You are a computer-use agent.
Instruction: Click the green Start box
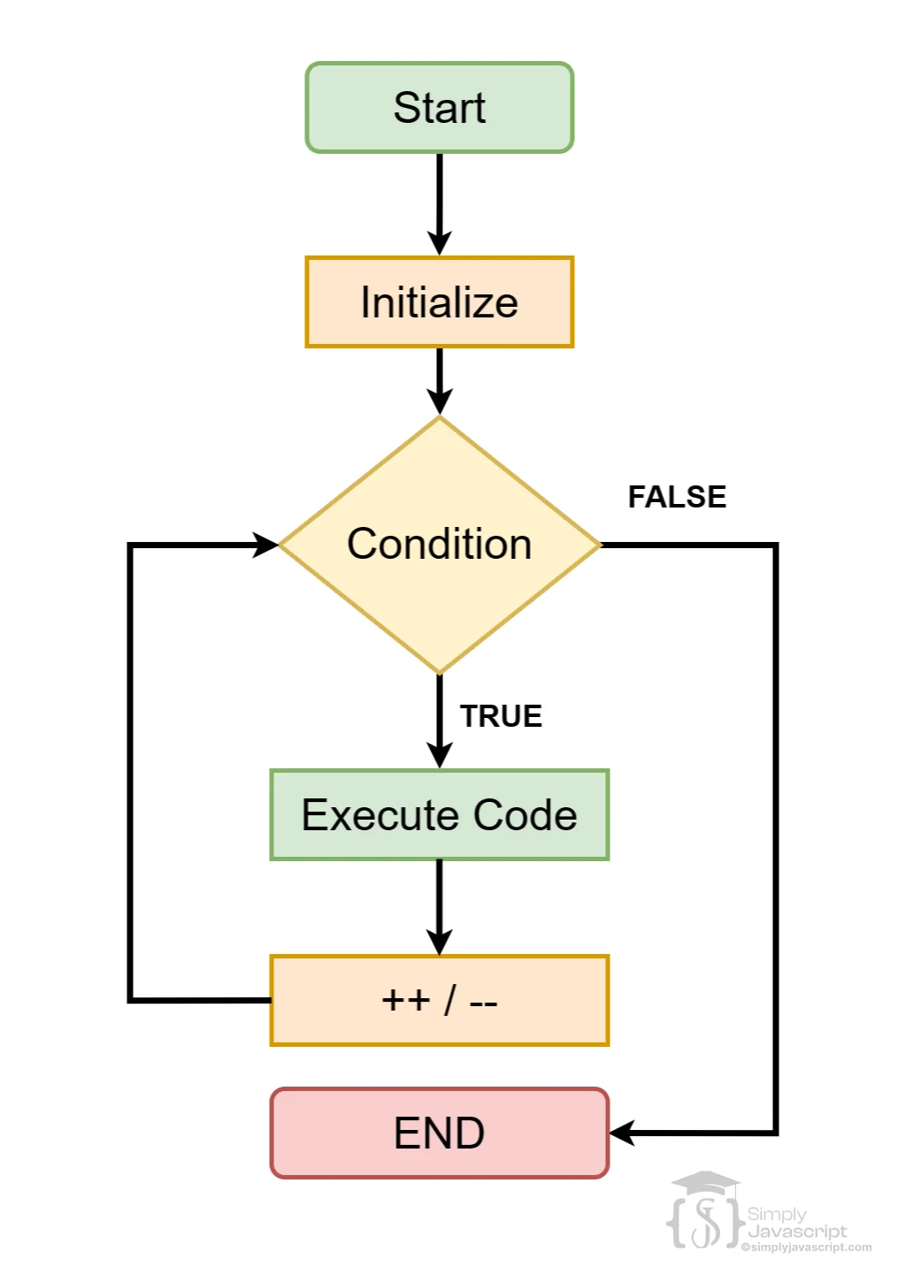coord(439,108)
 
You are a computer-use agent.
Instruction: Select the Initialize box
coord(439,302)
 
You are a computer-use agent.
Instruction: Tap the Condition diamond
coord(439,545)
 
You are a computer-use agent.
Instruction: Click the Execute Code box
coord(439,814)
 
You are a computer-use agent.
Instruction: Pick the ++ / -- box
coord(439,1000)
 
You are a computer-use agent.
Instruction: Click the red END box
coord(439,1133)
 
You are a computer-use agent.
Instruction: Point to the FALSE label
coord(677,497)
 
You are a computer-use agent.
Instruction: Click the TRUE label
coord(501,716)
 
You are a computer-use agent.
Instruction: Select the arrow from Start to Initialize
coord(439,203)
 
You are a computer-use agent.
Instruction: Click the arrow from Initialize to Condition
coord(439,380)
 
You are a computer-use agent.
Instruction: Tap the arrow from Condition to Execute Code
coord(439,721)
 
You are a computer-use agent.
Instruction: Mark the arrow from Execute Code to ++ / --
coord(439,906)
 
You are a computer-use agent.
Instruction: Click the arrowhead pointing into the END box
coord(623,1133)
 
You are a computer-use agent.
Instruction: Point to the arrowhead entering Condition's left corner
coord(265,545)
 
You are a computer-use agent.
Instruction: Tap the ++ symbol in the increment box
coord(405,1000)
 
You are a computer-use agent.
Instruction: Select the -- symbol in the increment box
coord(483,1003)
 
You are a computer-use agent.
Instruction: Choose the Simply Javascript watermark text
coord(795,1223)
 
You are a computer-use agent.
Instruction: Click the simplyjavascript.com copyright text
coord(806,1248)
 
